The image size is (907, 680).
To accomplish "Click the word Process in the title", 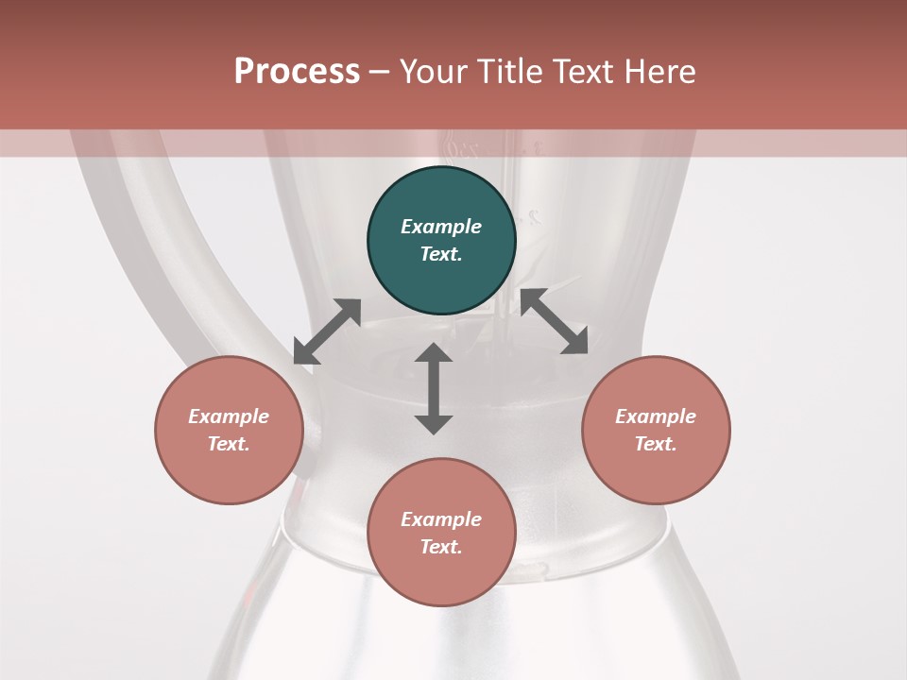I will [x=297, y=72].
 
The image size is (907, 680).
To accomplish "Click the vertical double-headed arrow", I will [x=434, y=388].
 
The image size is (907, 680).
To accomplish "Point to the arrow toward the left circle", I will [x=327, y=331].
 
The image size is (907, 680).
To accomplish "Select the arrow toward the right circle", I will [x=554, y=321].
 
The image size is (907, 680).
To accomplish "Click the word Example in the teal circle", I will [x=441, y=227].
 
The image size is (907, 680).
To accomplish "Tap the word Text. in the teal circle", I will [x=441, y=254].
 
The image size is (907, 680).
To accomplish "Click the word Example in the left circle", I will [x=229, y=416].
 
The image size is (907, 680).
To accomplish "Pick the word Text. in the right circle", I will [x=656, y=444].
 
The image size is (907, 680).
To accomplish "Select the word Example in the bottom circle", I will [x=441, y=519].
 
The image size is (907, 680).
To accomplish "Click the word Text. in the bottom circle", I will [x=441, y=547].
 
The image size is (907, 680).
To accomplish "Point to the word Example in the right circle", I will [x=656, y=416].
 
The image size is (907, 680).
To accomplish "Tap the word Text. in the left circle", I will [x=229, y=444].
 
